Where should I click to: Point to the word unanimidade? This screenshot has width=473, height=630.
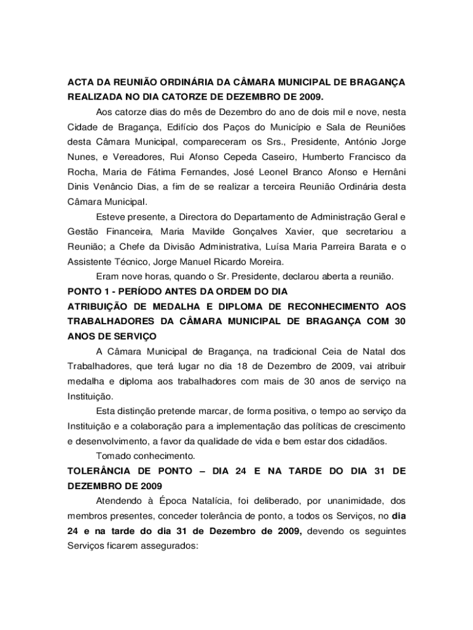click(x=318, y=501)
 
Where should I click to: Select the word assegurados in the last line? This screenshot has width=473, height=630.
click(x=164, y=545)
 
